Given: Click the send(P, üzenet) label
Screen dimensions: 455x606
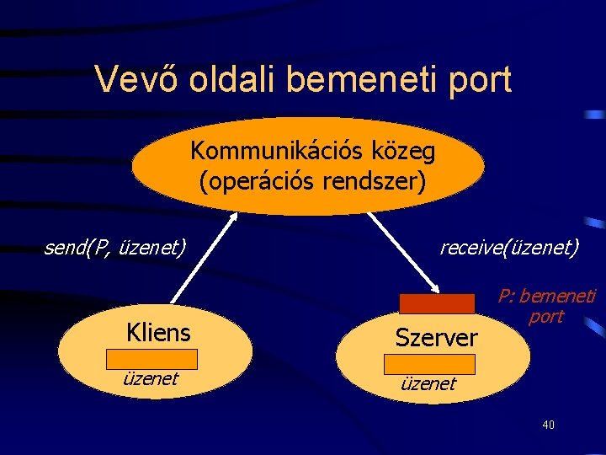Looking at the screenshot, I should click(x=114, y=248).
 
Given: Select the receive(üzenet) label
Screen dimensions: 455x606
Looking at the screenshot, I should click(x=509, y=248).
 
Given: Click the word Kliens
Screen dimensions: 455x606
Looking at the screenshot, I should click(x=158, y=332).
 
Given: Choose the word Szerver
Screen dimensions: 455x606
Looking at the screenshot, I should click(x=436, y=338).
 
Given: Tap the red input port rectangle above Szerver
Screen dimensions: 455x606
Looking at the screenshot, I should click(x=437, y=303).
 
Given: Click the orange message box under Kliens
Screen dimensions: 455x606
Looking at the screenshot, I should click(x=151, y=359).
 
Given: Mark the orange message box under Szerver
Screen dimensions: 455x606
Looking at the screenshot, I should click(x=429, y=364).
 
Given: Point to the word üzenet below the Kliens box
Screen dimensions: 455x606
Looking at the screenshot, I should click(x=151, y=379).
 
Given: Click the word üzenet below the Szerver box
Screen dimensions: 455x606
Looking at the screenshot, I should click(x=428, y=384).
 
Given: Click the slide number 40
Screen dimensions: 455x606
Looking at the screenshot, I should click(x=548, y=425).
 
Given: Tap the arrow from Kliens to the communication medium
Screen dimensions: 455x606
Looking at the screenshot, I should click(x=203, y=256).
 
